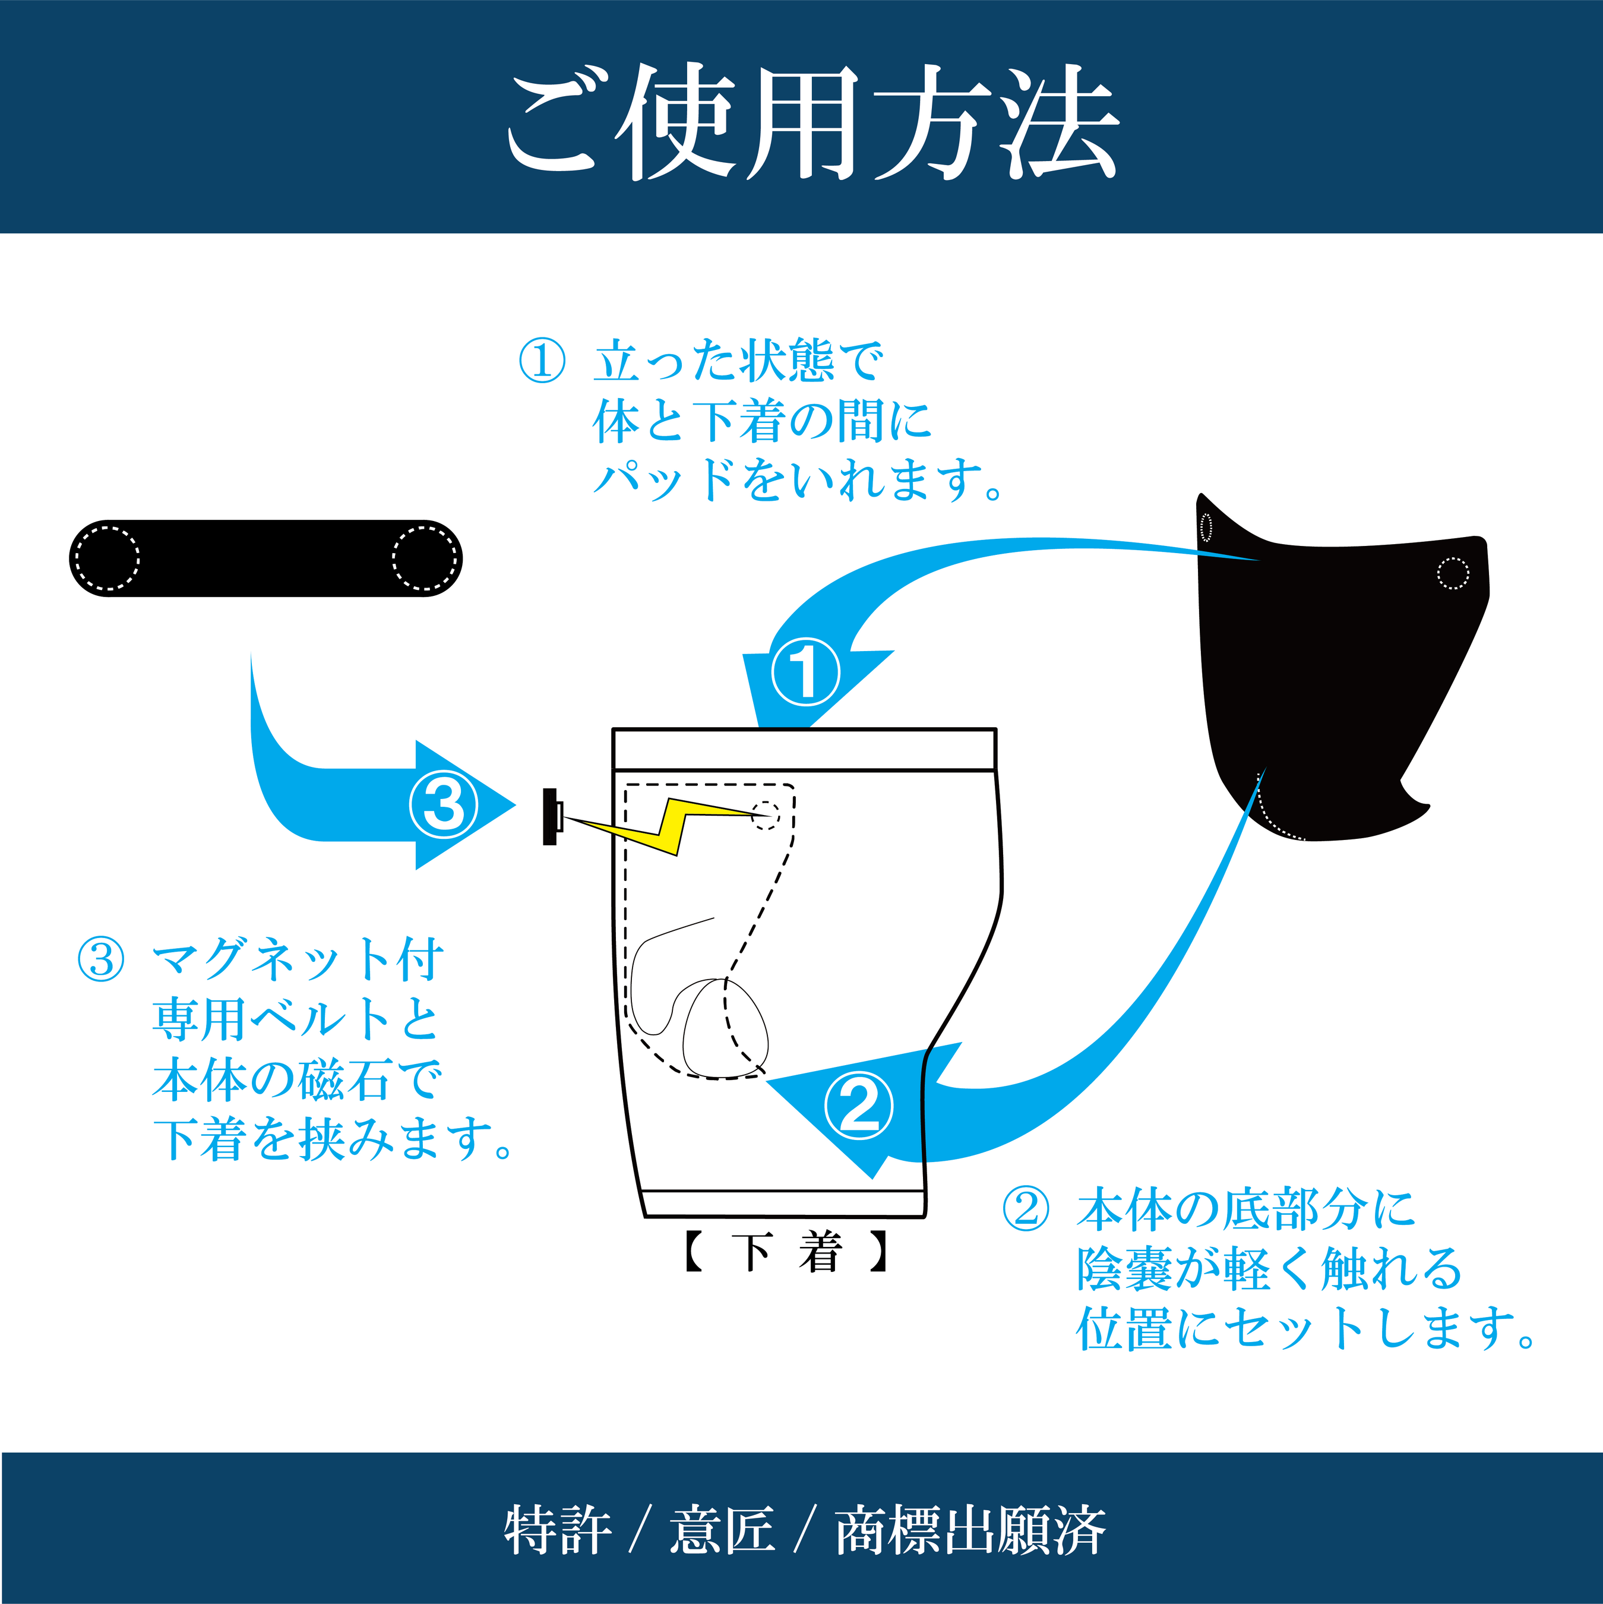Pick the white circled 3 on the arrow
click(443, 804)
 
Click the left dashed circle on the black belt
click(106, 558)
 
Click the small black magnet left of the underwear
click(549, 817)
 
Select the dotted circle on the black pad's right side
click(1453, 573)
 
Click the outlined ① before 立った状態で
click(541, 361)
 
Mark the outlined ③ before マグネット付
click(100, 960)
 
